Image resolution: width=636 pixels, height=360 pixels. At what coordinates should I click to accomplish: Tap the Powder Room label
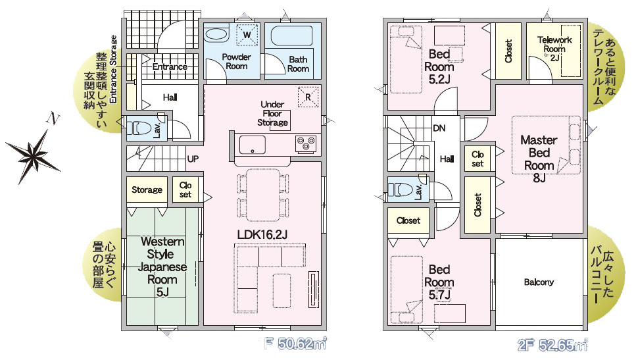[237, 61]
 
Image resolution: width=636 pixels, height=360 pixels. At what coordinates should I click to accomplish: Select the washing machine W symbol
[247, 34]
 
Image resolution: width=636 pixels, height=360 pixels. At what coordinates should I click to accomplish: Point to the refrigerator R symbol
[308, 97]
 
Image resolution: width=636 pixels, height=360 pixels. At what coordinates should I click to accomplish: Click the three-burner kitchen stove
[306, 143]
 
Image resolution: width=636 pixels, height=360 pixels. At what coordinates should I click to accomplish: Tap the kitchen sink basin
[253, 145]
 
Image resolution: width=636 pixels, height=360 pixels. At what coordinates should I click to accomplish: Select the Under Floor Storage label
[272, 113]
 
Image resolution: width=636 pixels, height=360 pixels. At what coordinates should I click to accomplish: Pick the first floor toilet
[140, 129]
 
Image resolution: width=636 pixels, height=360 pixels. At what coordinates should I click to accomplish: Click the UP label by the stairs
[193, 159]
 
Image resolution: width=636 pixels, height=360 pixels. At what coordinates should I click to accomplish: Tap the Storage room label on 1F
[147, 190]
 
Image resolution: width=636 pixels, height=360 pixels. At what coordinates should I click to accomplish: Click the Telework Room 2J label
[554, 48]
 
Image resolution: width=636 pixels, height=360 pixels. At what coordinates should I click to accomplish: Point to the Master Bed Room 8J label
[539, 159]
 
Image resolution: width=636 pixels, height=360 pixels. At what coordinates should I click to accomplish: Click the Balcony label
[539, 282]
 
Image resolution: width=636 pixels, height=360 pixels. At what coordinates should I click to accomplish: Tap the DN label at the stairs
[439, 128]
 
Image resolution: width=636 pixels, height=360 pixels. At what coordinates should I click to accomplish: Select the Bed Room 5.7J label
[439, 282]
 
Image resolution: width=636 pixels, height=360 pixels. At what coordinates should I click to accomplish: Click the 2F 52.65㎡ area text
[552, 346]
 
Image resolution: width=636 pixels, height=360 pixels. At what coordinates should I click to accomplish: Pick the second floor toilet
[401, 190]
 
